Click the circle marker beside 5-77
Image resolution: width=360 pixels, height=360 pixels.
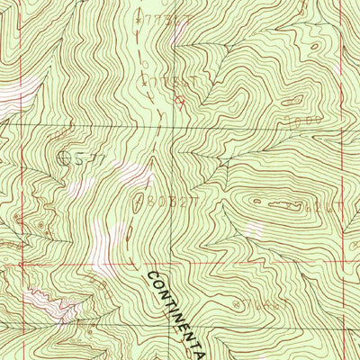coord(64,159)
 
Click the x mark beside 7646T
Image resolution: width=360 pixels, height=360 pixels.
coord(233,302)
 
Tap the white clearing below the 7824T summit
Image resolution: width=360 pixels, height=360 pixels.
coord(256,230)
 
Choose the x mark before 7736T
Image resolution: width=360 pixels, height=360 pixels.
coord(136,16)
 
